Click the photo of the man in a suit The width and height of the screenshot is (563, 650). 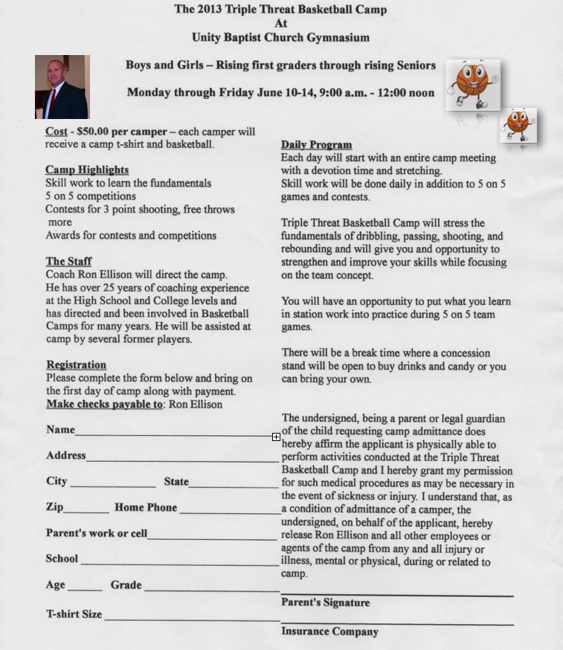[62, 87]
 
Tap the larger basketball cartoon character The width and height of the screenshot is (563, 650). [472, 85]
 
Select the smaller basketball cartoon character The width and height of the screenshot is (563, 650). [518, 125]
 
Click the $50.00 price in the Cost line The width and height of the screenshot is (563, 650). [90, 132]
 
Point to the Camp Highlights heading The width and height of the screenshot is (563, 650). [87, 170]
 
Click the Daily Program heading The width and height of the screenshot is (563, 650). [316, 144]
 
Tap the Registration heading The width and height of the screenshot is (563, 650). [76, 365]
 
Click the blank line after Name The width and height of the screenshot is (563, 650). [175, 433]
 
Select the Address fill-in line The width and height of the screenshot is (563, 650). [181, 460]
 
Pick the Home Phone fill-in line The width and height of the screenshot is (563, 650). [229, 512]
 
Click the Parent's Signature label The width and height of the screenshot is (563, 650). [325, 602]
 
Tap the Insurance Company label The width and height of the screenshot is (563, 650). [329, 631]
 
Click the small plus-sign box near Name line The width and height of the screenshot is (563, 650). [276, 437]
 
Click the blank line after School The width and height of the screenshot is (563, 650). [179, 563]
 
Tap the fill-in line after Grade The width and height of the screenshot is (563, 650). [211, 590]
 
